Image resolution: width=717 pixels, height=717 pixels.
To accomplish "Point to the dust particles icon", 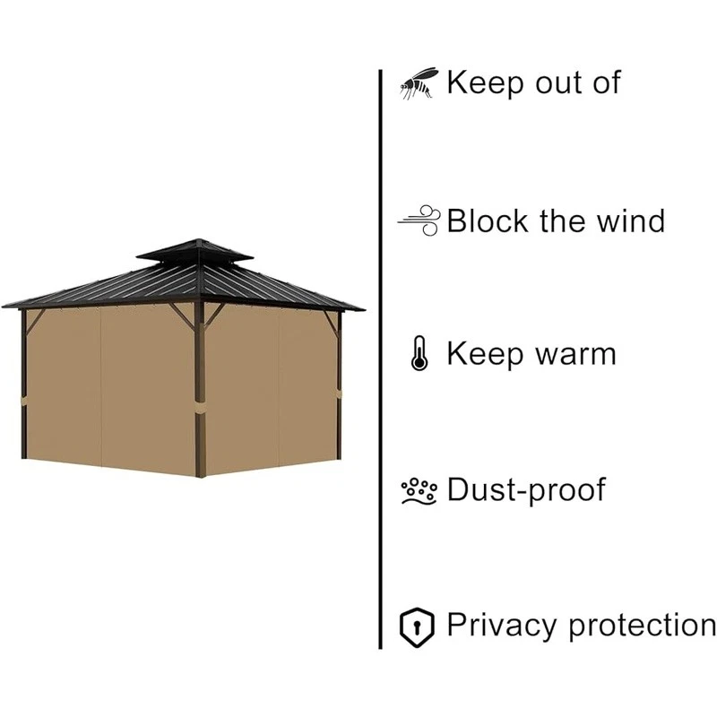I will [419, 490].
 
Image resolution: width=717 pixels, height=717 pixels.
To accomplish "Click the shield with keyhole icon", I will [417, 626].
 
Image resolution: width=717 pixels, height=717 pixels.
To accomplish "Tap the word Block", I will [489, 220].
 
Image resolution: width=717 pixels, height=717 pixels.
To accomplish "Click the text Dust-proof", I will [526, 490].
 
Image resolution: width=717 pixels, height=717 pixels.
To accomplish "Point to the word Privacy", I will [503, 626].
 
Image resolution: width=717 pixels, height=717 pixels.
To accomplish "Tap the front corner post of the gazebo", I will [199, 385].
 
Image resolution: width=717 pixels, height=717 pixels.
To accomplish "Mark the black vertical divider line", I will [381, 358].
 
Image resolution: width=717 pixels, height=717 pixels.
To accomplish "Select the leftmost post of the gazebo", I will [24, 385].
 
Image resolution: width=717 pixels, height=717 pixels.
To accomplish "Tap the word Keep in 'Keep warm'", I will [485, 355].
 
